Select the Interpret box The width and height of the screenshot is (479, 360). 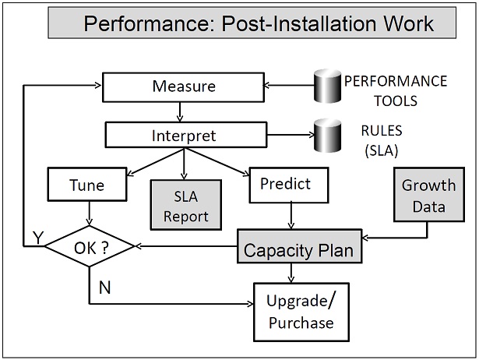tap(181, 136)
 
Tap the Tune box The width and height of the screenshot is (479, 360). tap(87, 185)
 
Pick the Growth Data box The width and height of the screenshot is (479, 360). tap(428, 196)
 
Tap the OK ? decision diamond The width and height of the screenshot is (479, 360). tap(89, 249)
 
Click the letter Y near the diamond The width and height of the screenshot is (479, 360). tap(36, 239)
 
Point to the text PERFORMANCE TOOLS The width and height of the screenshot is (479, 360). tap(395, 90)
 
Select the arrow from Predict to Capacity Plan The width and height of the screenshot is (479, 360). tap(290, 216)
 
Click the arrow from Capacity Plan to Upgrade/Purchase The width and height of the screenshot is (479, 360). tap(291, 272)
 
